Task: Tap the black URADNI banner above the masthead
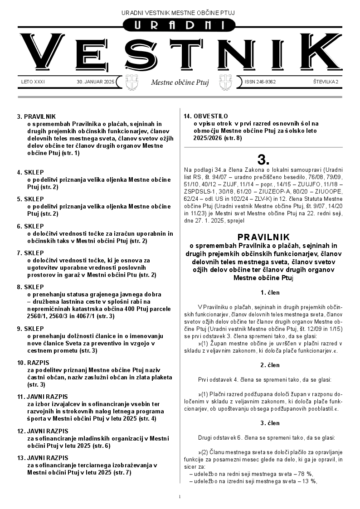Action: click(x=180, y=26)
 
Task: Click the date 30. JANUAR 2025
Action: click(x=96, y=82)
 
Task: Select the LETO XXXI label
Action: click(x=33, y=82)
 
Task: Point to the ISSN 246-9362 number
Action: click(x=260, y=82)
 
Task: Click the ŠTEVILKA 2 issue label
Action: click(x=326, y=82)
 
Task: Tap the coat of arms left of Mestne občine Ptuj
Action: click(x=131, y=82)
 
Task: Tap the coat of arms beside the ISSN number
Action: click(x=225, y=82)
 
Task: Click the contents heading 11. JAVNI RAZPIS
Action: click(x=42, y=397)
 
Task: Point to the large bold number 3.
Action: click(x=263, y=160)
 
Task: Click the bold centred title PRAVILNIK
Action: click(x=263, y=237)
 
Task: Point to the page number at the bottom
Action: click(x=180, y=497)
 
